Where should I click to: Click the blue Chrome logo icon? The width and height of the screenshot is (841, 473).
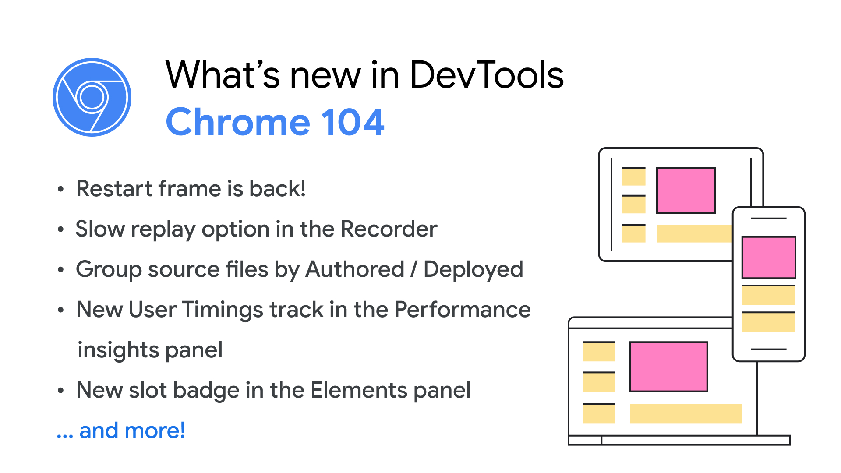click(x=92, y=97)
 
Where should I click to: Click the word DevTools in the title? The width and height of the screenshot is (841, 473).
click(x=486, y=75)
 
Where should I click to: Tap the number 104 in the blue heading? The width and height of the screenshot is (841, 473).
click(x=353, y=122)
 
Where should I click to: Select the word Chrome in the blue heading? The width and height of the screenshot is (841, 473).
click(x=238, y=122)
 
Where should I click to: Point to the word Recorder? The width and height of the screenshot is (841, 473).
click(x=389, y=229)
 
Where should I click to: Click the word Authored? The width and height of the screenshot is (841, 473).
click(x=355, y=269)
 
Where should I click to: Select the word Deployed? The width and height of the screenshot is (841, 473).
click(x=473, y=270)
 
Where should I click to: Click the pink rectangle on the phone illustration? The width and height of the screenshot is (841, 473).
click(x=768, y=258)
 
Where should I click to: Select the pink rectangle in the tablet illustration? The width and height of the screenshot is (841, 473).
click(x=686, y=190)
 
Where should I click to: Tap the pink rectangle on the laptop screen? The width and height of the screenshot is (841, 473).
click(x=668, y=367)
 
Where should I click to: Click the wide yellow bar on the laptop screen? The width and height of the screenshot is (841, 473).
click(x=686, y=413)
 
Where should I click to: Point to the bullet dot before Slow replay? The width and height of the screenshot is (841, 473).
click(x=61, y=229)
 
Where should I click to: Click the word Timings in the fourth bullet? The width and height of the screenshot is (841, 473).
click(x=222, y=310)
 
